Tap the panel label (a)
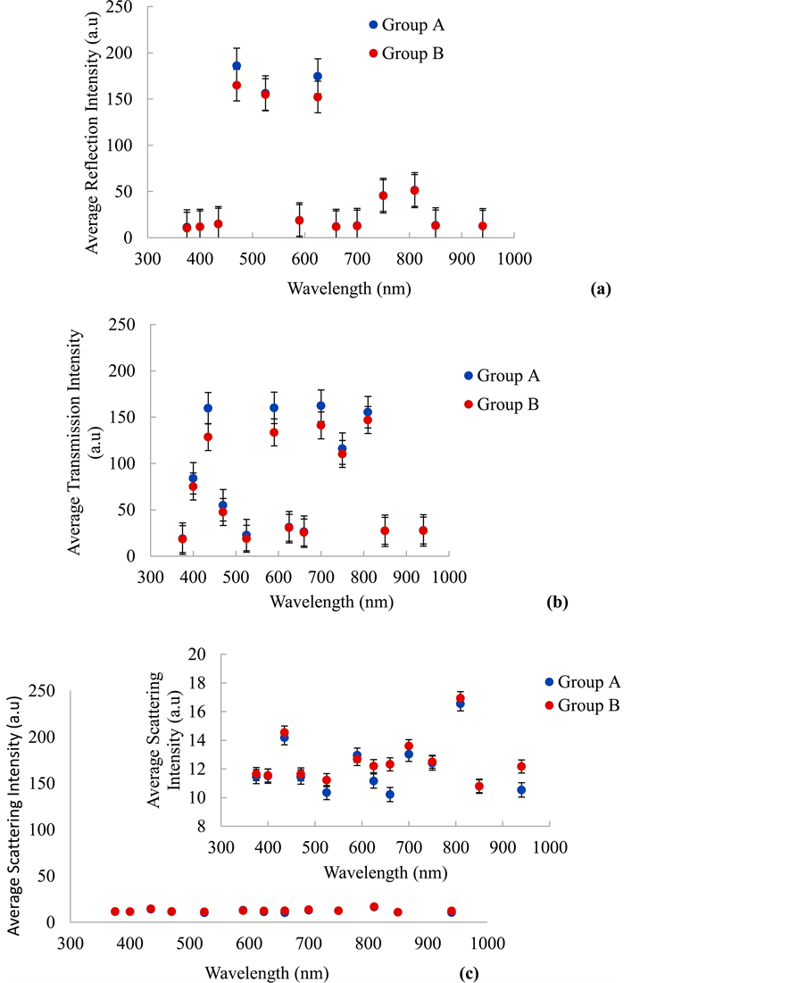(x=600, y=288)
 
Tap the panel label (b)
(x=556, y=601)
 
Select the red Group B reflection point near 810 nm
(x=414, y=190)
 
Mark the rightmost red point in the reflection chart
(x=482, y=226)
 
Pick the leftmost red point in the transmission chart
(x=182, y=539)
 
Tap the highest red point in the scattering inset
(x=461, y=698)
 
